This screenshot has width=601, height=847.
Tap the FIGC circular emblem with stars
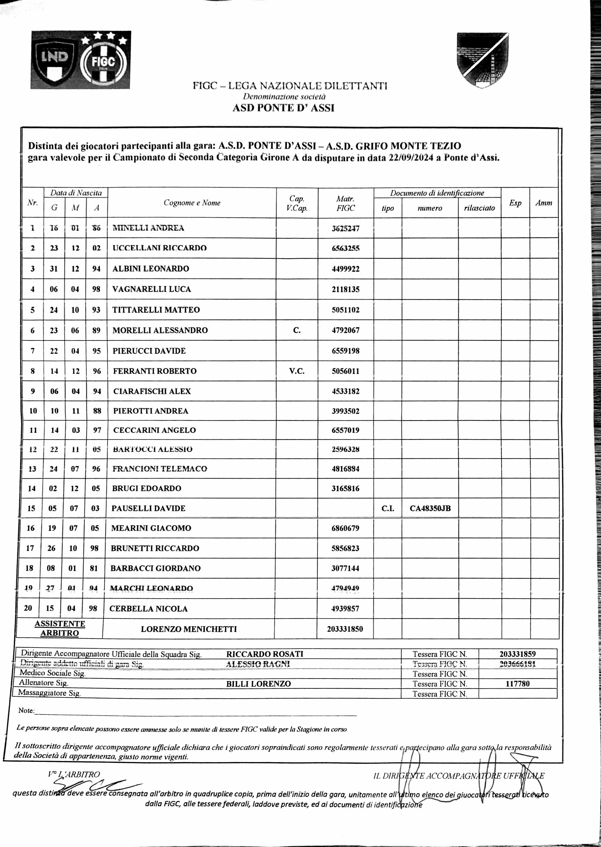point(104,61)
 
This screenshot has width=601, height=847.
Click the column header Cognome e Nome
point(192,203)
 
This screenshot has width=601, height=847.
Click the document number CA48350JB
point(430,509)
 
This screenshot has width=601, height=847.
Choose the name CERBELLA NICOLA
point(148,609)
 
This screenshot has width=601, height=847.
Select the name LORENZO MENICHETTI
point(189,629)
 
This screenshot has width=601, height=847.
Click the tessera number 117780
point(517,684)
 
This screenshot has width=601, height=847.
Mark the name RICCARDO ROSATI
point(265,654)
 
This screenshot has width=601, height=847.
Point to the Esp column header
point(515,203)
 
